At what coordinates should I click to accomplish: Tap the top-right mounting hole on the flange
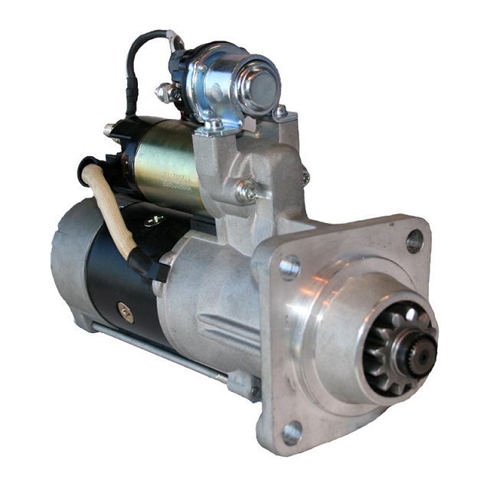[x=414, y=241]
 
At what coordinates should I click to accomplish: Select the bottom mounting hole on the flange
[x=291, y=433]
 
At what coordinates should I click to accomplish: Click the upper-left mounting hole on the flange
[x=289, y=267]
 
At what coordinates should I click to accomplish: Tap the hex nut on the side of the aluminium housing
[x=246, y=191]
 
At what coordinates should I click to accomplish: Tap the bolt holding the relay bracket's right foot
[x=280, y=113]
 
